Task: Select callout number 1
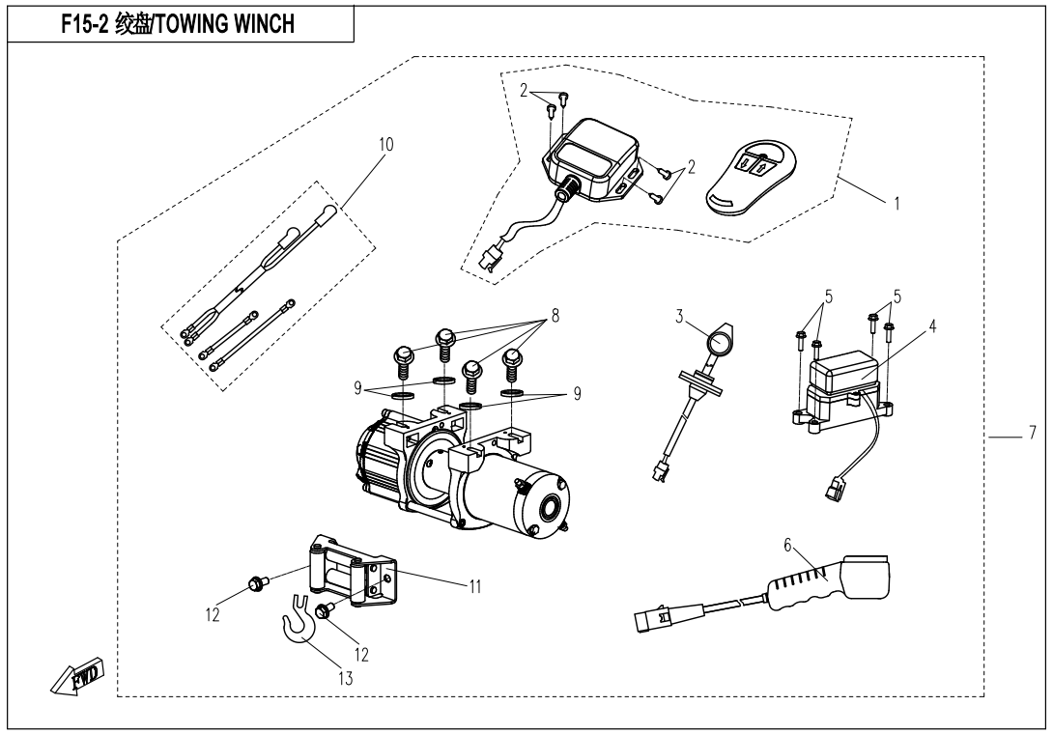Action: [x=898, y=206]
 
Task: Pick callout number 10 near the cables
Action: [x=385, y=144]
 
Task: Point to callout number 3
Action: [x=680, y=315]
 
